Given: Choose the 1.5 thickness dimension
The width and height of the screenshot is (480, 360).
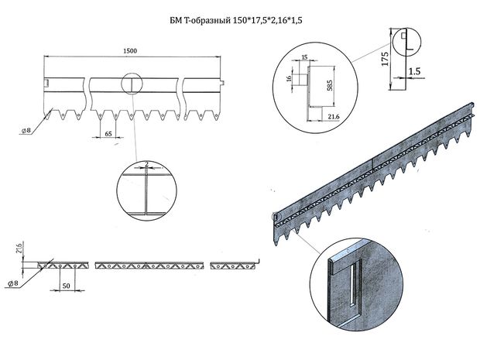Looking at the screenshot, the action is point(414,70).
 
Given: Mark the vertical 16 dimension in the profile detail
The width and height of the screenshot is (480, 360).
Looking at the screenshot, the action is point(289,77).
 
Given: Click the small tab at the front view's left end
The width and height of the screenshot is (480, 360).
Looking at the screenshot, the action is point(46,82).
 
